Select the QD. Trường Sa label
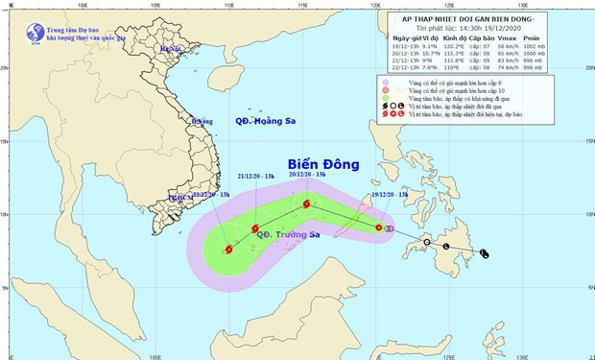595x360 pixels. (x=257, y=236)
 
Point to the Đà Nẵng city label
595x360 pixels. (x=201, y=122)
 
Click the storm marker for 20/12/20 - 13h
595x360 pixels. (x=306, y=204)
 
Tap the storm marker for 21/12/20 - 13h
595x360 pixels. (x=255, y=228)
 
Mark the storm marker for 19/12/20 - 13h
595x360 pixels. (x=379, y=228)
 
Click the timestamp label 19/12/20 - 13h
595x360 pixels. (x=387, y=195)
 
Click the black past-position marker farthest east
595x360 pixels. (x=483, y=253)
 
